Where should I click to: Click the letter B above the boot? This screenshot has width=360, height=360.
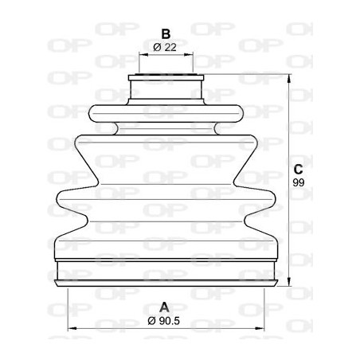[166, 33]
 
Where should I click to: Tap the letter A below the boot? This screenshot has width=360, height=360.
[166, 307]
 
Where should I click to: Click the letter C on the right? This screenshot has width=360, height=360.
[297, 169]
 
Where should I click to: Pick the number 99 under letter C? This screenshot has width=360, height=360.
[298, 183]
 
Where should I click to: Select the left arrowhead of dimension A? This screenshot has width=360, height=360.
[70, 328]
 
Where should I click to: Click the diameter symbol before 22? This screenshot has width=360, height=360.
[155, 47]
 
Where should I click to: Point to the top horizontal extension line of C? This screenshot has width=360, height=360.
[247, 76]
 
